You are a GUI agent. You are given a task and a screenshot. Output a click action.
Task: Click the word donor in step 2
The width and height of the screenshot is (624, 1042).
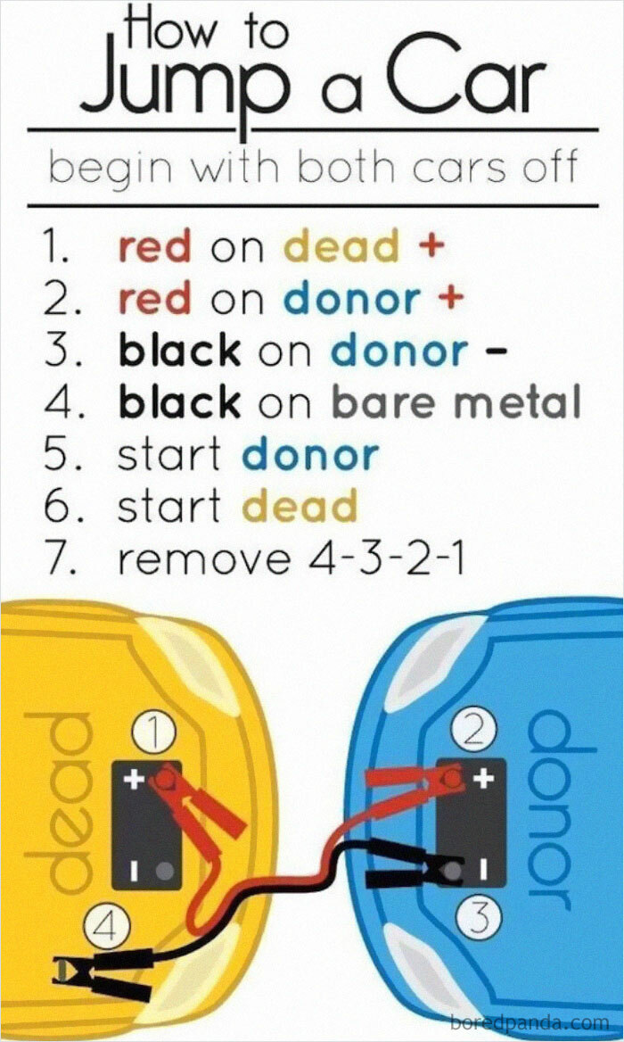click(352, 299)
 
